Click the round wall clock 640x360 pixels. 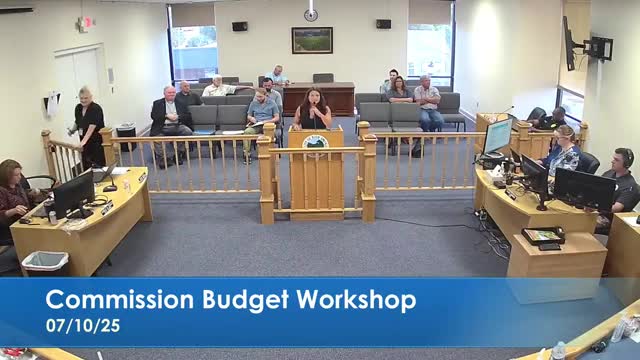311,15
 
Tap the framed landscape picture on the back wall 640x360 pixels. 311,40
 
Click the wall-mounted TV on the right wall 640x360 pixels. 569,43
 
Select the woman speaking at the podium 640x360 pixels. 312,109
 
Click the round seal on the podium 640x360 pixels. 315,142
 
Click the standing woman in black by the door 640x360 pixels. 89,125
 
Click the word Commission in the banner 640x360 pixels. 110,300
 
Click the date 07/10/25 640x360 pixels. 76,326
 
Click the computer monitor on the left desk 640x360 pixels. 73,193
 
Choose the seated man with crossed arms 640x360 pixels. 428,102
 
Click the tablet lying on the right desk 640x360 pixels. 543,236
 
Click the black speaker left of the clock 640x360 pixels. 239,26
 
